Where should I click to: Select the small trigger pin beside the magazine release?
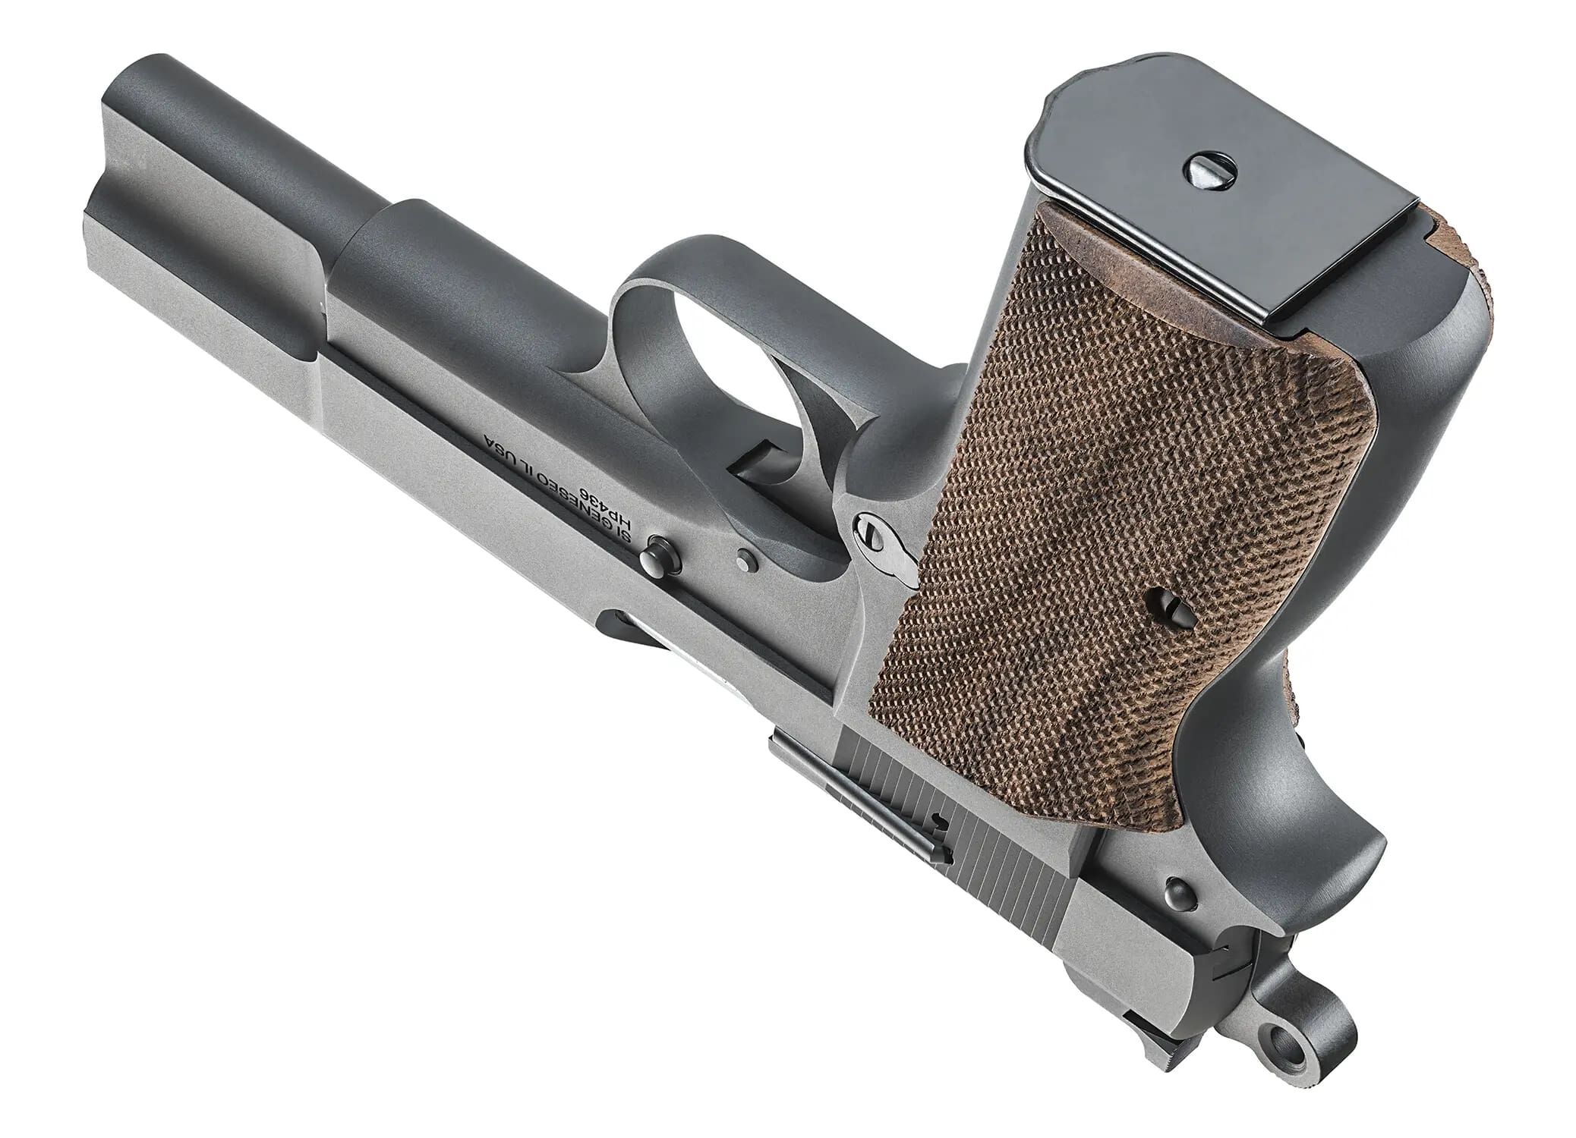point(746,560)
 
